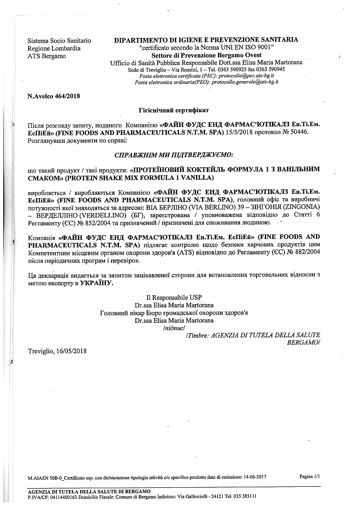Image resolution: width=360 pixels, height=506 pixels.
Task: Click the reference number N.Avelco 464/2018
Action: [x=54, y=97]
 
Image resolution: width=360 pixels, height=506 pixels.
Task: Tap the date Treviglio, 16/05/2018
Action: [x=57, y=351]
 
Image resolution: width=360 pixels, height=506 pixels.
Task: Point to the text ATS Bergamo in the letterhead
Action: [x=46, y=56]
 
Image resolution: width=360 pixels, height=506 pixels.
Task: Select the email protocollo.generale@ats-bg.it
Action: [x=245, y=82]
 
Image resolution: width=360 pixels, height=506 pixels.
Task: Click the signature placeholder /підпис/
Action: [x=173, y=328]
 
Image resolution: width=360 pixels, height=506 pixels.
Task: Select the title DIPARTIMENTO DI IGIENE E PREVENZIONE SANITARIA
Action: [x=206, y=40]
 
